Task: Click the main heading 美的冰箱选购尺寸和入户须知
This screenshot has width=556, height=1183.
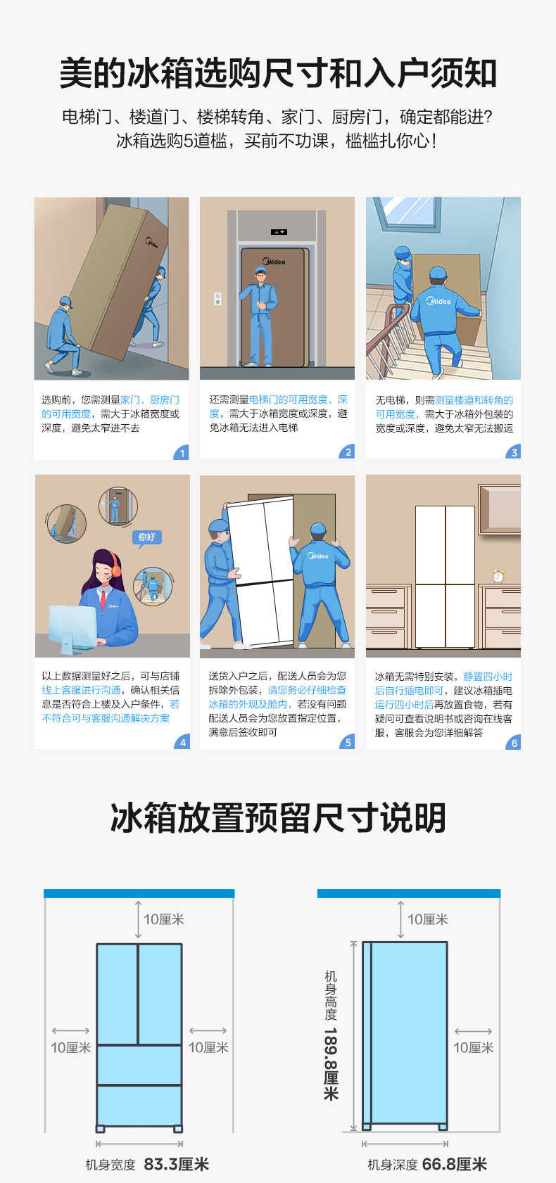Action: pyautogui.click(x=278, y=73)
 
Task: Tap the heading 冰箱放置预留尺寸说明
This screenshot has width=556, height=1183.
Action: pyautogui.click(x=278, y=817)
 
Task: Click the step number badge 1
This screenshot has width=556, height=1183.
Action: pyautogui.click(x=182, y=452)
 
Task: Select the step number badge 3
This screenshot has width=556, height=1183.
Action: pyautogui.click(x=514, y=452)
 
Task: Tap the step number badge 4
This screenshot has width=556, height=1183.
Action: pyautogui.click(x=182, y=742)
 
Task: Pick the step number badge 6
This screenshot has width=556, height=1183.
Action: pyautogui.click(x=514, y=742)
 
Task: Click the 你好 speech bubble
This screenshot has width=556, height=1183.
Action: pyautogui.click(x=147, y=537)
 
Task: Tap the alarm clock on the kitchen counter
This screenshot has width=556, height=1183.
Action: pyautogui.click(x=498, y=575)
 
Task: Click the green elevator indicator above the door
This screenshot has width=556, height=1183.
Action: pyautogui.click(x=279, y=231)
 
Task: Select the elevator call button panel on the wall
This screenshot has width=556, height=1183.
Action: pyautogui.click(x=217, y=298)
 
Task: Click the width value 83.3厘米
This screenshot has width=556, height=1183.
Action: pyautogui.click(x=176, y=1164)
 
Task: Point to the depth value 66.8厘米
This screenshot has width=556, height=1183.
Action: pyautogui.click(x=455, y=1164)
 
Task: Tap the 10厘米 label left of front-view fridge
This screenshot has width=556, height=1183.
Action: pyautogui.click(x=70, y=1047)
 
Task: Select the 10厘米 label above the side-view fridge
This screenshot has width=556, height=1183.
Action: pyautogui.click(x=427, y=919)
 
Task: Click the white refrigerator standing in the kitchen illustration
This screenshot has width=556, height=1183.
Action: pyautogui.click(x=444, y=576)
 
